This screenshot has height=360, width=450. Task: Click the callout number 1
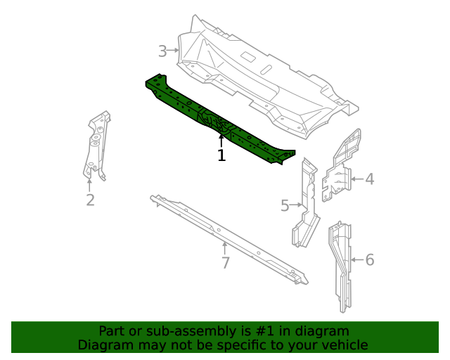pos(221,155)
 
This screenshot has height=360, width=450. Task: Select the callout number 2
pos(90,200)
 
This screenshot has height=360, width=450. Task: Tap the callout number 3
pos(162,51)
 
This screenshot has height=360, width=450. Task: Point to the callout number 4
pos(369,179)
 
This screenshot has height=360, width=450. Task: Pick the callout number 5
pos(285,205)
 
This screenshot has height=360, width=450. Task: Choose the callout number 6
pos(369,260)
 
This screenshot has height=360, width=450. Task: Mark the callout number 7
pos(225,263)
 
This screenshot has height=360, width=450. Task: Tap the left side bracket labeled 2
pos(95,144)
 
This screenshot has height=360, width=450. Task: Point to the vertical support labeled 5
pos(307,204)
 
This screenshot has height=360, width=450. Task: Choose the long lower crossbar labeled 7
pos(225,236)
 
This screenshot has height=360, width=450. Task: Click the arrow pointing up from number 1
pos(221,141)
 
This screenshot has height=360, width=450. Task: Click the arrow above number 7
pos(225,248)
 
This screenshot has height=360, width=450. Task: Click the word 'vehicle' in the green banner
pos(344,345)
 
